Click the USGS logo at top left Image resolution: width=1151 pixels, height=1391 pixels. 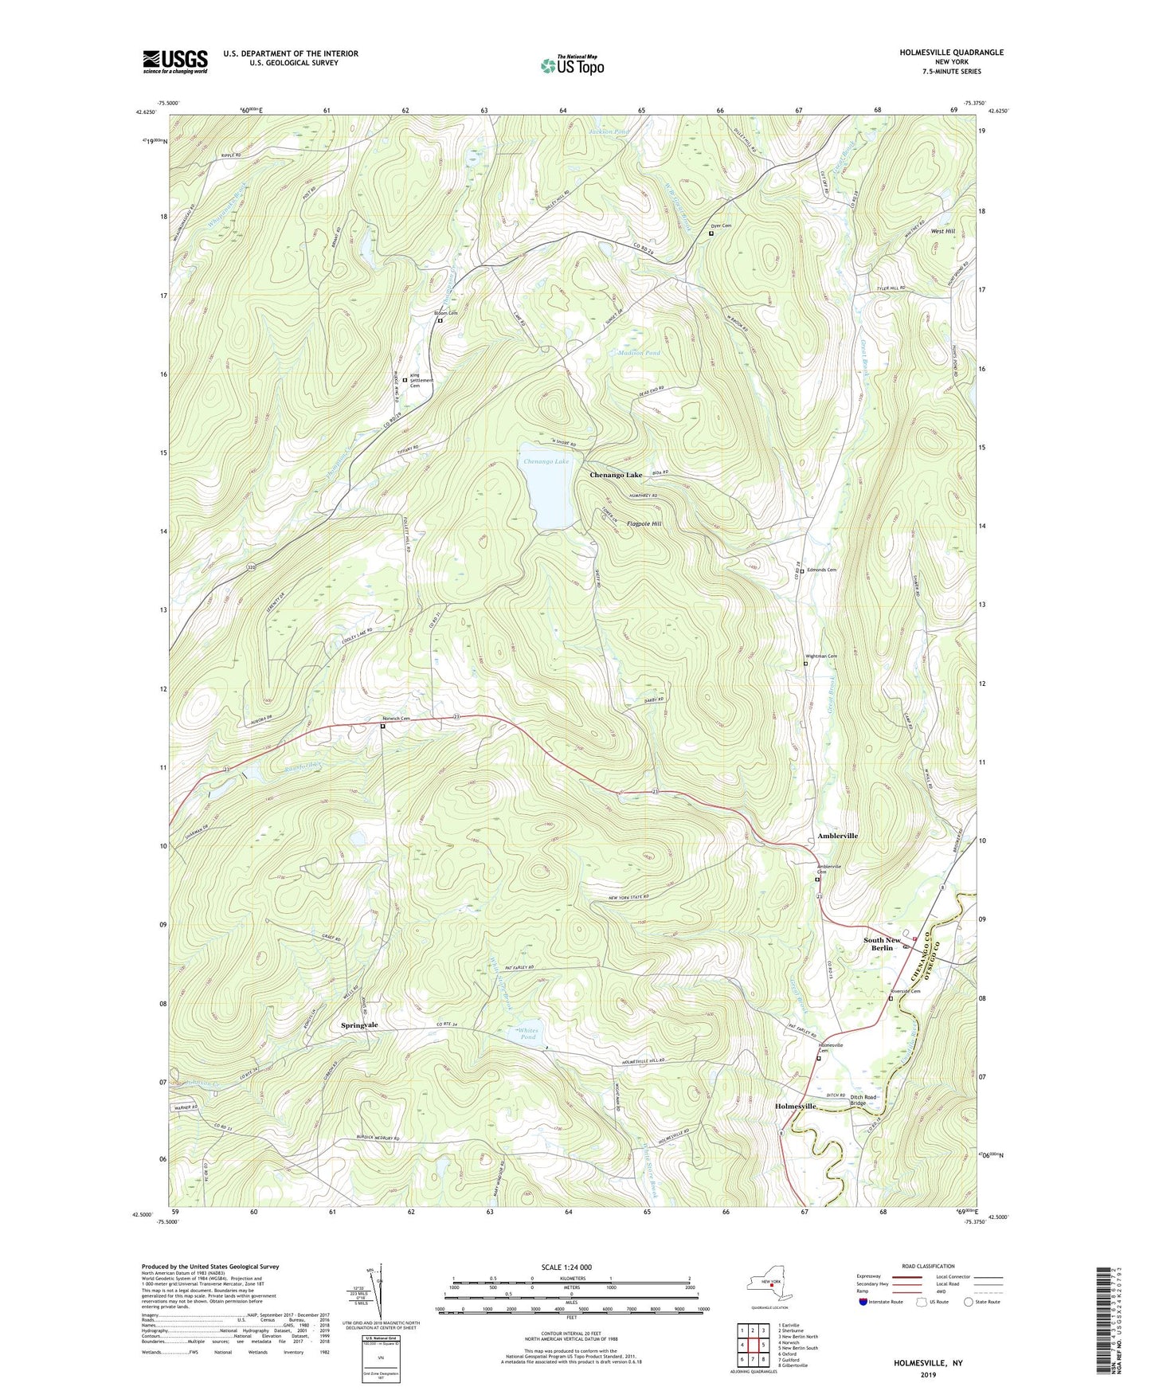click(174, 61)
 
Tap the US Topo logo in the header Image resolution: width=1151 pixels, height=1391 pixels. click(571, 65)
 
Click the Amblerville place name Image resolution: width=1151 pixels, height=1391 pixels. click(837, 836)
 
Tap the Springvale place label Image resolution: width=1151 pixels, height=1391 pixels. click(359, 1025)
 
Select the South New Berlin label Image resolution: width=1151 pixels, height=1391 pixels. click(883, 944)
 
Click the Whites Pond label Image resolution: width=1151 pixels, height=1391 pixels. click(527, 1033)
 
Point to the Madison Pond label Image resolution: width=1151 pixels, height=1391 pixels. click(639, 353)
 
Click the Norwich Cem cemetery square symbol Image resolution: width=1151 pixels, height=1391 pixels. click(382, 727)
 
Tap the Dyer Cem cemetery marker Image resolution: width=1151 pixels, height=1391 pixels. click(711, 233)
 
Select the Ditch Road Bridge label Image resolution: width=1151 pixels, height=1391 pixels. click(863, 1100)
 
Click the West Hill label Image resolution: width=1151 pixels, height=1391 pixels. click(943, 231)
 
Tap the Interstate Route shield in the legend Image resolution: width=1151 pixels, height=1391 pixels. click(863, 1302)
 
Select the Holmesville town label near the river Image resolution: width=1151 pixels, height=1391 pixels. click(796, 1107)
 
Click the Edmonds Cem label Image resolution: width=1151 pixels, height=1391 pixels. click(820, 570)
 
